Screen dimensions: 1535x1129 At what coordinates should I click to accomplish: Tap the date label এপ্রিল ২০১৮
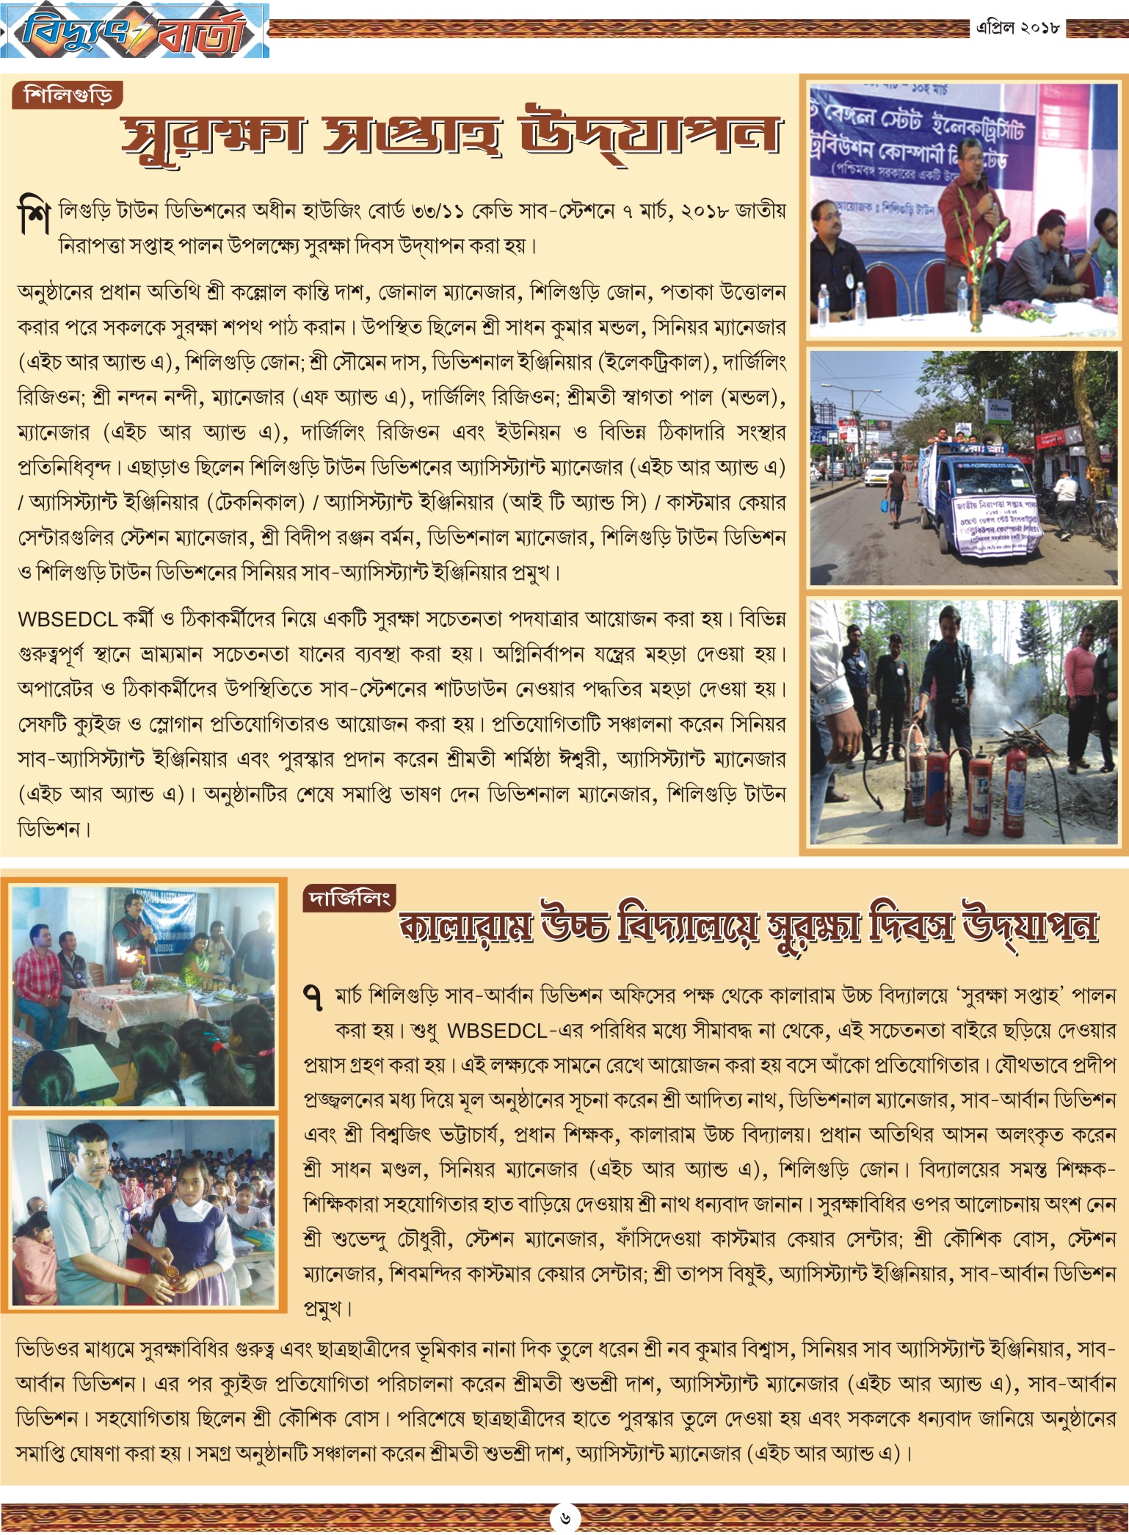(x=1017, y=28)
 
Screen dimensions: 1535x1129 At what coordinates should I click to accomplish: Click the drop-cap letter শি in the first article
(x=34, y=216)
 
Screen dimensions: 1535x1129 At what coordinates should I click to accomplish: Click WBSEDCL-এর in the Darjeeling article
(x=507, y=1031)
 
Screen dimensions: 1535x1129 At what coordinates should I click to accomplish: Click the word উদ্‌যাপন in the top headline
(x=650, y=136)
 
